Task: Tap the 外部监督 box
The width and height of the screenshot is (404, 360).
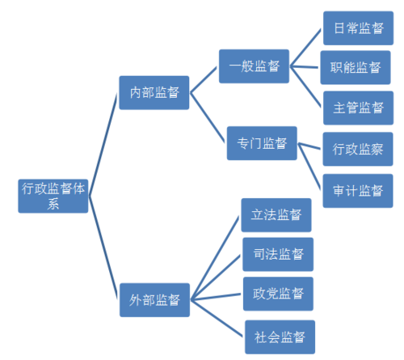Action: (154, 299)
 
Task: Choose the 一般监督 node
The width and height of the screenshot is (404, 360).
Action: (255, 66)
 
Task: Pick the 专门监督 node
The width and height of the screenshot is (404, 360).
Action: (262, 143)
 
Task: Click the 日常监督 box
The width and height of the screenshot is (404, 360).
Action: (357, 28)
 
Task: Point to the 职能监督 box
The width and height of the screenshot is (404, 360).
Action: (357, 67)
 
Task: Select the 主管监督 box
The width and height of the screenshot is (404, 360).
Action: (357, 107)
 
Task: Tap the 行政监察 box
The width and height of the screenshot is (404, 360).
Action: (357, 149)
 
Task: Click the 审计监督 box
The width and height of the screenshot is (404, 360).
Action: (357, 190)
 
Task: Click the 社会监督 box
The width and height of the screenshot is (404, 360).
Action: (279, 336)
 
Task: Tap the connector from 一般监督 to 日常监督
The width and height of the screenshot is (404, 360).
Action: (306, 48)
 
